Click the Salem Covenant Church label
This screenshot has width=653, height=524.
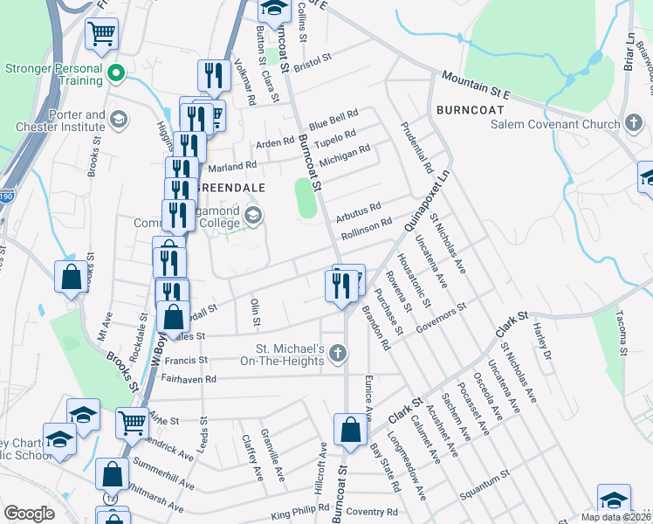[554, 124]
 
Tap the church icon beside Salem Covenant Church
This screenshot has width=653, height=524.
[636, 124]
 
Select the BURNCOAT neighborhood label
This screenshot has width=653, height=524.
[469, 112]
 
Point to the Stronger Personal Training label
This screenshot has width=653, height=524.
[54, 74]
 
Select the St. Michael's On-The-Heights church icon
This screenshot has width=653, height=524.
[338, 354]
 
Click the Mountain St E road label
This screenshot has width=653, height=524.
[475, 84]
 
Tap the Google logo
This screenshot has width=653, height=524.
[29, 514]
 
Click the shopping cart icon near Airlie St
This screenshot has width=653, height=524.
[132, 422]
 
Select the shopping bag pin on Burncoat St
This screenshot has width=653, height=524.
[350, 430]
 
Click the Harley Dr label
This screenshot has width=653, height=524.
[545, 342]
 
